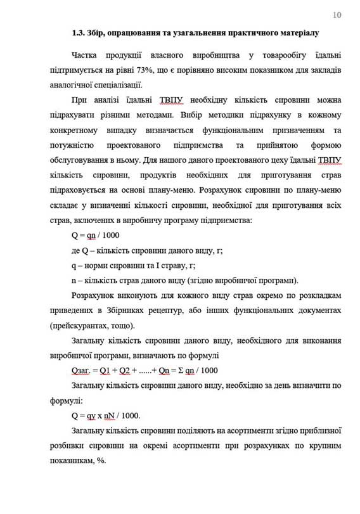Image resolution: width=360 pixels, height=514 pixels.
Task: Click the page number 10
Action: click(336, 15)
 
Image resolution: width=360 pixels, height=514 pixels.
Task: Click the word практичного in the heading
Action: click(244, 32)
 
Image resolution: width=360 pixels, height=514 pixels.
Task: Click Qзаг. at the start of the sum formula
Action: click(84, 371)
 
